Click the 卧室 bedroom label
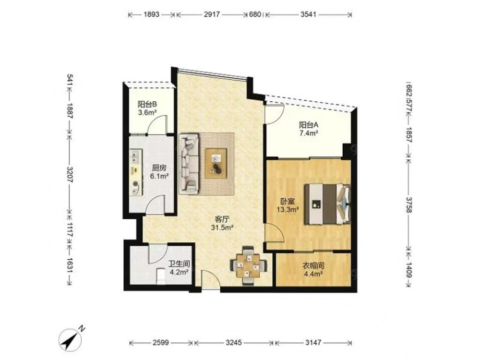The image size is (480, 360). click(288, 202)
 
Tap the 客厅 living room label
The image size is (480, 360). click(222, 219)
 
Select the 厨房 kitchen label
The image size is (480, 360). click(159, 168)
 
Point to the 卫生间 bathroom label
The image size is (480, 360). click(180, 264)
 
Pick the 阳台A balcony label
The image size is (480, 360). click(309, 125)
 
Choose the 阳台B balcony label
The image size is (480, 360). click(147, 104)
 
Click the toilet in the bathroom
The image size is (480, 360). click(161, 276)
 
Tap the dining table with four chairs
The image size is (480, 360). click(249, 266)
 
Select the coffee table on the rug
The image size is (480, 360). click(216, 163)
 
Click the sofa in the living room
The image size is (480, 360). click(189, 164)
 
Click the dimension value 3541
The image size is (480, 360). click(308, 14)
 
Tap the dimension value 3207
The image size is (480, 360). click(70, 175)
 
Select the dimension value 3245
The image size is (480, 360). click(234, 343)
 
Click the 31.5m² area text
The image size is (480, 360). click(222, 228)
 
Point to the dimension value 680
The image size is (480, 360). click(255, 14)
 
